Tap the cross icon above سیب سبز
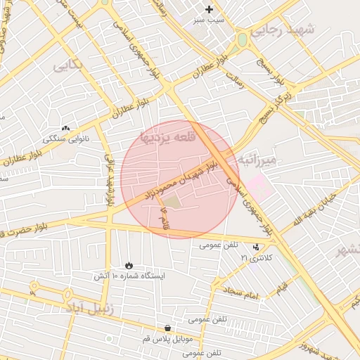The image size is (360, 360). [209, 9]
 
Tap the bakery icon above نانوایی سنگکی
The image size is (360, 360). [66, 129]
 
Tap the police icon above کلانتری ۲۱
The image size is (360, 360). [255, 247]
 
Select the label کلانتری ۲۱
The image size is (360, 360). [255, 258]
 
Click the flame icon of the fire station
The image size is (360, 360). [129, 264]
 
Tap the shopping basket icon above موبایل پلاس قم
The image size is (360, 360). [167, 328]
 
